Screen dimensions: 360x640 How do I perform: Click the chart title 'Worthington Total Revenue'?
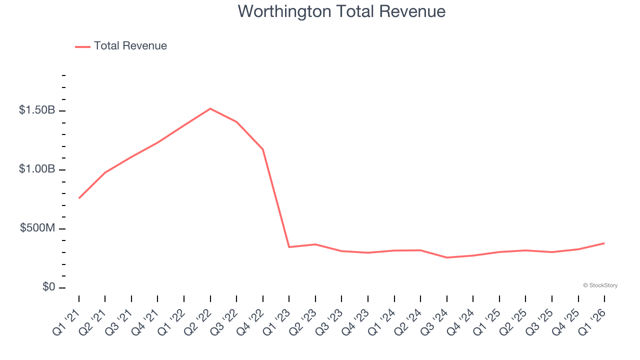pyautogui.click(x=341, y=11)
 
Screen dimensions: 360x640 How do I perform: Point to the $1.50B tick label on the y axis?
pyautogui.click(x=37, y=110)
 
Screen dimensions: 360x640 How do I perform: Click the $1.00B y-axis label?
pyautogui.click(x=37, y=169)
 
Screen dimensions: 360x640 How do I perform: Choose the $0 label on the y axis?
pyautogui.click(x=48, y=287)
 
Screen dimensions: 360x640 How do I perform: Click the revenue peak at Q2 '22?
pyautogui.click(x=210, y=108)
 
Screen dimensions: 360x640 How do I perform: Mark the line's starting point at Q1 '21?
pyautogui.click(x=79, y=198)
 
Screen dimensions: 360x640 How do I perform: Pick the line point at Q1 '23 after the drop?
pyautogui.click(x=289, y=247)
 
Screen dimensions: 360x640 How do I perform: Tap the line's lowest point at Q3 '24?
pyautogui.click(x=446, y=257)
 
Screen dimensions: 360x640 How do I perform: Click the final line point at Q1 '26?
pyautogui.click(x=604, y=243)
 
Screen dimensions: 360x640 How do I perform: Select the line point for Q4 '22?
pyautogui.click(x=263, y=149)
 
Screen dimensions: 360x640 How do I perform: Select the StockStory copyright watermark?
pyautogui.click(x=600, y=285)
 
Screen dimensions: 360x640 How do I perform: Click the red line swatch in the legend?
pyautogui.click(x=82, y=46)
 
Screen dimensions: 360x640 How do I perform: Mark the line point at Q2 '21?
pyautogui.click(x=105, y=172)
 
